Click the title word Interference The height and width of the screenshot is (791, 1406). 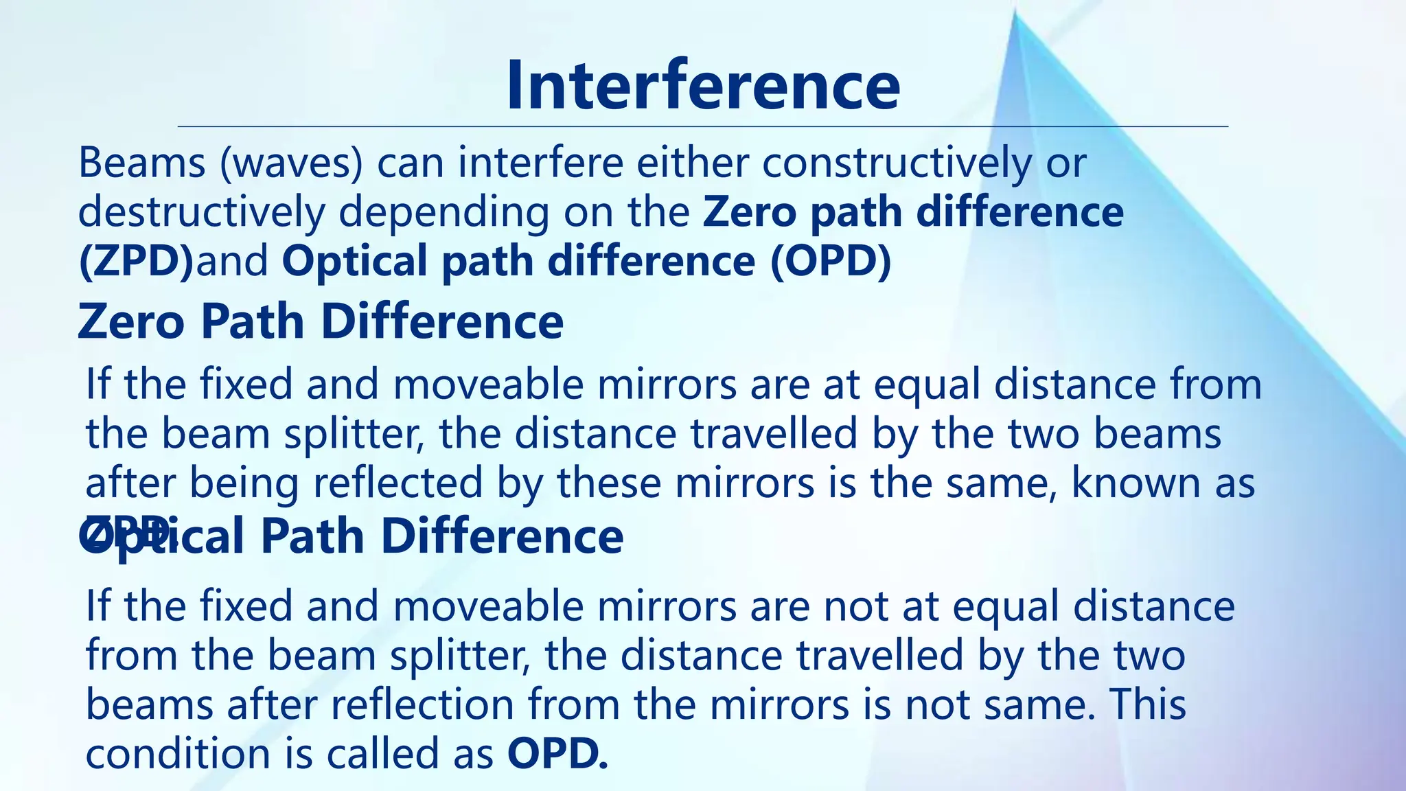point(703,85)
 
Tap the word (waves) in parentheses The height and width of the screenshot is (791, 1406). point(291,163)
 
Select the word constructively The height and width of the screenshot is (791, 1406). point(897,163)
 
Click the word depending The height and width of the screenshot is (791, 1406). point(443,214)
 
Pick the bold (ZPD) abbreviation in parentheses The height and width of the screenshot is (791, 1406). point(136,262)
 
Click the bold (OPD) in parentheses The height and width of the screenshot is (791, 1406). point(831,262)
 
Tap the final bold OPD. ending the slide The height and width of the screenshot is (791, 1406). point(557,754)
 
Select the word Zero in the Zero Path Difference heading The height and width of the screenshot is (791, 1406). point(131,321)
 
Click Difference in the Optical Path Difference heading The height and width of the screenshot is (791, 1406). point(502,536)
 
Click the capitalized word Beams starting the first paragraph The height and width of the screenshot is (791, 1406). point(142,163)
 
